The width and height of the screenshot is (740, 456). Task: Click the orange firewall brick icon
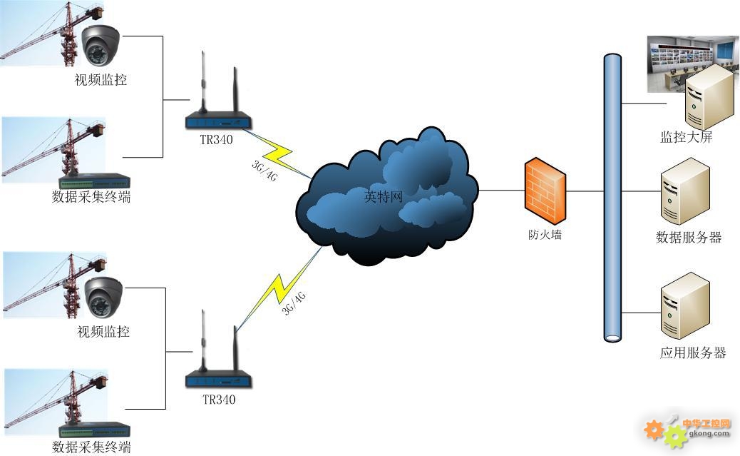pyautogui.click(x=545, y=191)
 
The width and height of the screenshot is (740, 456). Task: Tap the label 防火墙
pyautogui.click(x=545, y=235)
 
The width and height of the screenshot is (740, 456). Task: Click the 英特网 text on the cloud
pyautogui.click(x=384, y=196)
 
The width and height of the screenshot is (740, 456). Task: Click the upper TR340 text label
pyautogui.click(x=216, y=139)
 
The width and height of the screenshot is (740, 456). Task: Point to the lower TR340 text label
pyautogui.click(x=219, y=400)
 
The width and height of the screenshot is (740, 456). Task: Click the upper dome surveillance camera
pyautogui.click(x=100, y=45)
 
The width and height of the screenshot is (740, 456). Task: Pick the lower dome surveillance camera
pyautogui.click(x=103, y=297)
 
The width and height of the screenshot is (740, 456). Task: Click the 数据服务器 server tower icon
pyautogui.click(x=685, y=191)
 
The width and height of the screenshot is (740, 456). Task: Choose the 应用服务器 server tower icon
pyautogui.click(x=685, y=305)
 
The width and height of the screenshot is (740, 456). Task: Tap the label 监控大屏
pyautogui.click(x=686, y=137)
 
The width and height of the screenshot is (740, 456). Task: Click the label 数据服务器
pyautogui.click(x=689, y=237)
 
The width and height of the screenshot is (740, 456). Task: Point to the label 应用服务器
pyautogui.click(x=693, y=353)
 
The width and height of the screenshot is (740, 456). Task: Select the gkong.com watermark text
pyautogui.click(x=709, y=433)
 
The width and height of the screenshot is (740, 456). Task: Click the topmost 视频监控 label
pyautogui.click(x=101, y=79)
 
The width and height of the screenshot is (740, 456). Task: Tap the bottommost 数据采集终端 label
pyautogui.click(x=91, y=447)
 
